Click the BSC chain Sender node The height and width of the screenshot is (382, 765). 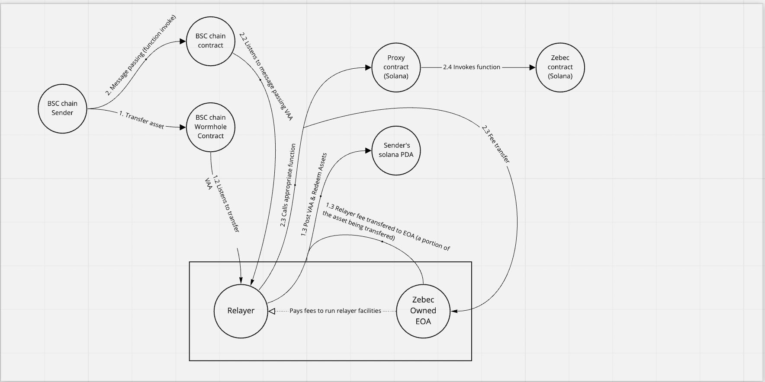tap(62, 108)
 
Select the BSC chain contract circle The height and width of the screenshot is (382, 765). tap(211, 41)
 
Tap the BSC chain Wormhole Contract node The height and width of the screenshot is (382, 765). tap(211, 127)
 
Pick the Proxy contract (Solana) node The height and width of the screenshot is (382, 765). tap(396, 67)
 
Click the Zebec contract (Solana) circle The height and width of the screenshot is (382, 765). tap(560, 67)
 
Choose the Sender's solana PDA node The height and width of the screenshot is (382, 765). tap(396, 150)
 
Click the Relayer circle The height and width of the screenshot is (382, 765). tap(241, 311)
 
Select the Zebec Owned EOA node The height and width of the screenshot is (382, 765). tap(423, 311)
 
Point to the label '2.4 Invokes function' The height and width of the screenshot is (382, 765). tap(472, 67)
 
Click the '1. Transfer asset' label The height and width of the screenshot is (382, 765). tap(141, 120)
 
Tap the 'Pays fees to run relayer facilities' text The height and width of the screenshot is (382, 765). tap(335, 311)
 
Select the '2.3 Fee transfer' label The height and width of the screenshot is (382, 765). tap(496, 144)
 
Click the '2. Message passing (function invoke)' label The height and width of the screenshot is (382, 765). tap(141, 55)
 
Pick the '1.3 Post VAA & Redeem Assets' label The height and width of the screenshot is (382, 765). tap(314, 195)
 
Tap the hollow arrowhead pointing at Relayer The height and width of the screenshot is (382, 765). tap(272, 311)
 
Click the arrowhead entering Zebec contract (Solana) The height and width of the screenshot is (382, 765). tap(532, 67)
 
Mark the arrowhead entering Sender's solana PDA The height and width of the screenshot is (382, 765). tap(369, 150)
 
